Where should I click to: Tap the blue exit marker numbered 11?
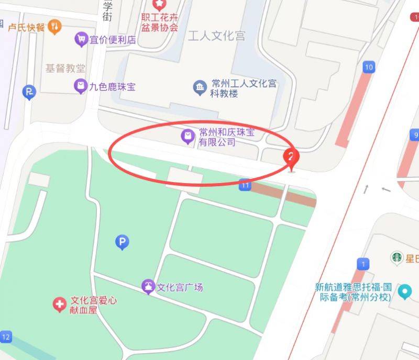(x=245, y=184)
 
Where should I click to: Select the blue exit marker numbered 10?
(x=369, y=67)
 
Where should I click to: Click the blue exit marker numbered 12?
(x=6, y=336)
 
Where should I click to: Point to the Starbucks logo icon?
(x=396, y=257)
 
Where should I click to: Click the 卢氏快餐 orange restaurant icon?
(x=54, y=26)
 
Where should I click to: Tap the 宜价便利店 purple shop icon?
(x=81, y=39)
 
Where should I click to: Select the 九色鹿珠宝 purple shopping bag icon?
(x=80, y=86)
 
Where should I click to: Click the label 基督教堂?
(x=65, y=69)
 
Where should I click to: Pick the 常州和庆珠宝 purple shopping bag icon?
(x=188, y=137)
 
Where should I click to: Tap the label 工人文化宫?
(x=216, y=36)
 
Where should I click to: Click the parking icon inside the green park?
(x=122, y=241)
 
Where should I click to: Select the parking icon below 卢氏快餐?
(x=29, y=94)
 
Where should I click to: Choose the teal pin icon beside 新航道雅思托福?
(x=404, y=291)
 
